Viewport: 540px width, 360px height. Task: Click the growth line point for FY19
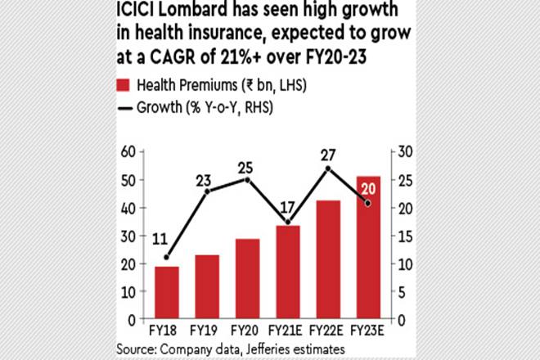207,191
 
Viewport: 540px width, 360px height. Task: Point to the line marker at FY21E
287,222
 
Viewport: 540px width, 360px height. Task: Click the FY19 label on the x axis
207,331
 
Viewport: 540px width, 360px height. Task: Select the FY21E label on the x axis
287,331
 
